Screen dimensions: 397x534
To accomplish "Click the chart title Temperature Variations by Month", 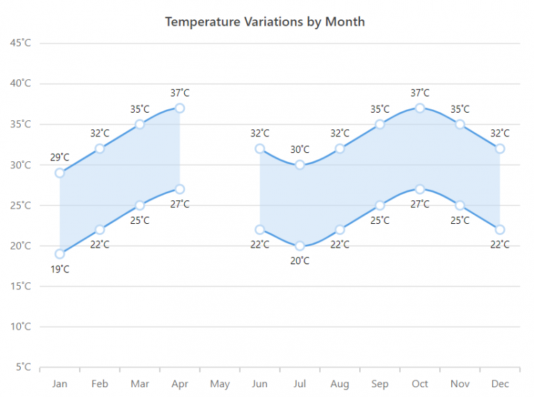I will (x=264, y=22).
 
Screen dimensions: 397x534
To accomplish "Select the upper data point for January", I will (x=60, y=173).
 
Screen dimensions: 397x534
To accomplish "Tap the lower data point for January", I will (x=60, y=254).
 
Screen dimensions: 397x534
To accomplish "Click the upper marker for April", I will (x=180, y=108).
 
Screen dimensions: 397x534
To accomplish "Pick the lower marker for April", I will (x=180, y=189).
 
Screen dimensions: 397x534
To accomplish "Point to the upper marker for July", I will (x=300, y=165).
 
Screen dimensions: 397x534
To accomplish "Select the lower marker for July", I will (x=300, y=245).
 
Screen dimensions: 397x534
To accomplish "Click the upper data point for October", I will (x=420, y=108).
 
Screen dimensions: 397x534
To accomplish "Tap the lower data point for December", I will (x=500, y=229).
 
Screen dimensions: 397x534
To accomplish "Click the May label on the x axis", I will (x=220, y=384).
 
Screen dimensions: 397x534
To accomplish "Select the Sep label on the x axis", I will (x=380, y=384).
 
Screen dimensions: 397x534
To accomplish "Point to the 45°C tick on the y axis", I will (x=20, y=43).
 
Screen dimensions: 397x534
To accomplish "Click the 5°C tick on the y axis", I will (x=22, y=367).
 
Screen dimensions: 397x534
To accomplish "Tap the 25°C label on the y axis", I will (x=20, y=205).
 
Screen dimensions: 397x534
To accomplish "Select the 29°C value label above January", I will (x=60, y=158).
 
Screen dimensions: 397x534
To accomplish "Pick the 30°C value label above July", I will (x=300, y=149).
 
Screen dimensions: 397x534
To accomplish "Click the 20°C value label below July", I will (x=300, y=261).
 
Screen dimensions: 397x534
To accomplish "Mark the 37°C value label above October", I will (x=420, y=92).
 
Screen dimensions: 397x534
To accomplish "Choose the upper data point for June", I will (x=260, y=149).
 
